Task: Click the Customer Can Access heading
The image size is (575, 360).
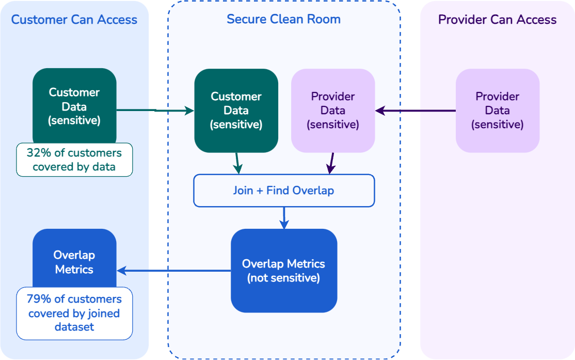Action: (74, 20)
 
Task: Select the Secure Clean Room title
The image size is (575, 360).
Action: (283, 20)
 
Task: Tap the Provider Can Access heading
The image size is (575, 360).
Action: (497, 20)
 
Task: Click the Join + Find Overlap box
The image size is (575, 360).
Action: (283, 191)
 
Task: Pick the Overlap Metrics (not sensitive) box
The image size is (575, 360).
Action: (283, 271)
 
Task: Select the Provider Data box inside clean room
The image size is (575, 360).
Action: (333, 111)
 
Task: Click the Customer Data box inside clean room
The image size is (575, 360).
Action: (236, 111)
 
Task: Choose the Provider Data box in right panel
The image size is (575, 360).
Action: (497, 111)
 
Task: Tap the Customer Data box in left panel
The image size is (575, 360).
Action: (74, 106)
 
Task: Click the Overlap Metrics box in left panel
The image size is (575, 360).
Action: (74, 258)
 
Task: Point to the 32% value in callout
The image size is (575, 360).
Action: (37, 153)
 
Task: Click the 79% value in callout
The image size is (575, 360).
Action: (37, 299)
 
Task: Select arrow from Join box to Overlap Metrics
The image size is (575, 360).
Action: (283, 217)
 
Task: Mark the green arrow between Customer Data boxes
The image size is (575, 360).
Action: (155, 110)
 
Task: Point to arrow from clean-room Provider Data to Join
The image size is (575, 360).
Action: (331, 163)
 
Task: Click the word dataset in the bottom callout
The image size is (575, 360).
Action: (74, 327)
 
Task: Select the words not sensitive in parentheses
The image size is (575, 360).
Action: (283, 278)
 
